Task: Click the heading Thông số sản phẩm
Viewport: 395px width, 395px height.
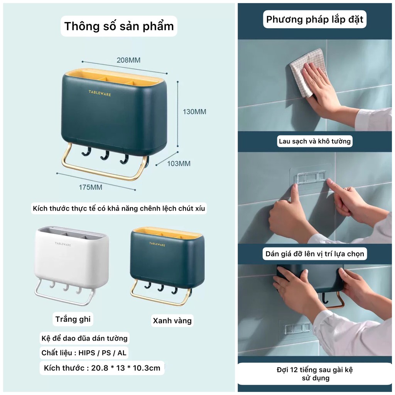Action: pos(119,26)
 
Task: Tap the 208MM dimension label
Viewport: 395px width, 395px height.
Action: pos(128,60)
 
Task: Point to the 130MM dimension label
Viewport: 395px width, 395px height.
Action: pos(194,112)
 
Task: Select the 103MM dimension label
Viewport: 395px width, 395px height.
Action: pos(179,163)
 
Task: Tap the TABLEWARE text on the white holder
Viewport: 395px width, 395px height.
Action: pos(64,244)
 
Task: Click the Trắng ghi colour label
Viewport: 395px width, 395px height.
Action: pos(73,319)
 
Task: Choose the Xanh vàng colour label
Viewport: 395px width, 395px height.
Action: pos(172,321)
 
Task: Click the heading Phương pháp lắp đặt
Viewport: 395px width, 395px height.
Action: pos(314,20)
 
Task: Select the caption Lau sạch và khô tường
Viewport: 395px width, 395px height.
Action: pos(315,141)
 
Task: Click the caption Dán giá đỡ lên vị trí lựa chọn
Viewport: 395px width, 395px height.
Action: pos(314,254)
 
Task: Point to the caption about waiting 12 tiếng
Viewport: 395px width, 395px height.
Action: pos(314,374)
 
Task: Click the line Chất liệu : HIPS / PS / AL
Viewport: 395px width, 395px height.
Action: pos(84,353)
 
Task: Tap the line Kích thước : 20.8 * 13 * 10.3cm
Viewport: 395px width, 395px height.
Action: pos(102,368)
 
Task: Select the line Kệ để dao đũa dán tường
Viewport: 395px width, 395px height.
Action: pos(84,338)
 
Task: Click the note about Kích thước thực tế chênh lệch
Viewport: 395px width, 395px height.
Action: pos(119,209)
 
